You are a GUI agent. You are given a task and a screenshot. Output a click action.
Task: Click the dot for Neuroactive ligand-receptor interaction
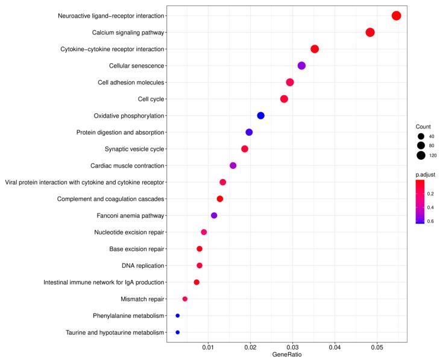tap(396, 16)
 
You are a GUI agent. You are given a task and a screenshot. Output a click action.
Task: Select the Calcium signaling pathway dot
tap(370, 33)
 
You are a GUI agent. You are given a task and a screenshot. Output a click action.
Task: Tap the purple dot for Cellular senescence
tap(301, 66)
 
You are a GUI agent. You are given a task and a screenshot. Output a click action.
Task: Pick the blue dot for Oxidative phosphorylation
tap(260, 116)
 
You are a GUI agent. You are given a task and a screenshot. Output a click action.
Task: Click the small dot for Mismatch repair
tap(185, 299)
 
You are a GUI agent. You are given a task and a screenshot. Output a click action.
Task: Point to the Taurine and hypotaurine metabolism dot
tap(177, 332)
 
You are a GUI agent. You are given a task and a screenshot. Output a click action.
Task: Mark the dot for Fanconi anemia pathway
tap(214, 215)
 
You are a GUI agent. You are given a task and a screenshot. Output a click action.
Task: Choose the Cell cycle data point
tap(284, 99)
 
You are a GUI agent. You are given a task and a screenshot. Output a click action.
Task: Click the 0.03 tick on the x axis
tap(292, 348)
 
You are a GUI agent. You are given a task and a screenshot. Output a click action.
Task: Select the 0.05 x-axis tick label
tap(377, 348)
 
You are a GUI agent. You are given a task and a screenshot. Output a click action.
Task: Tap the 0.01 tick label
tap(208, 348)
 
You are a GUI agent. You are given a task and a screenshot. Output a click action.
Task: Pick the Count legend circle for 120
tap(421, 156)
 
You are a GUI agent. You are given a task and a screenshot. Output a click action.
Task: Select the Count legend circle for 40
tap(421, 136)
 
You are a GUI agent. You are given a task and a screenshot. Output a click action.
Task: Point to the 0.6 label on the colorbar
tap(430, 221)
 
